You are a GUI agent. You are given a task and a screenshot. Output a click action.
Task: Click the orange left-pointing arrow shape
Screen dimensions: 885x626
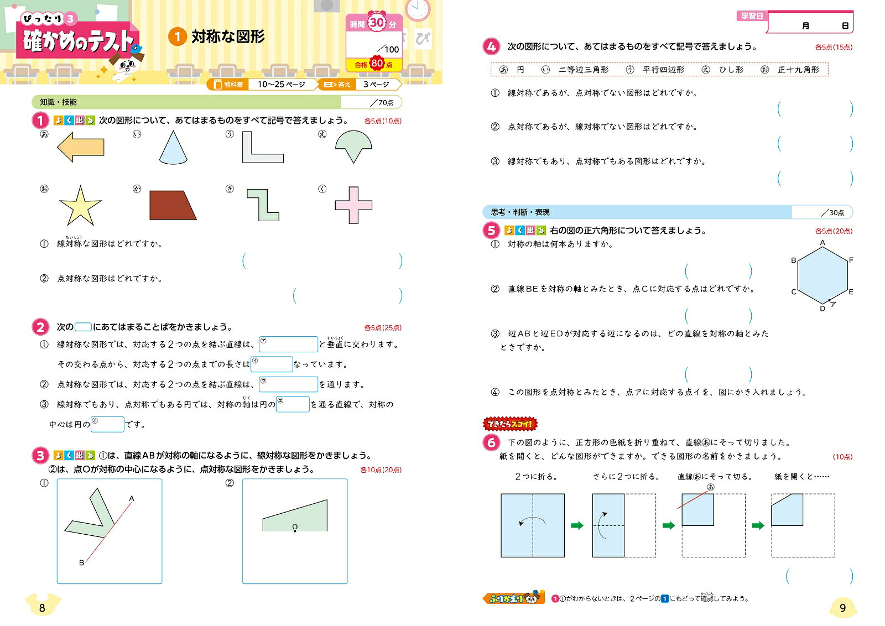click(x=81, y=147)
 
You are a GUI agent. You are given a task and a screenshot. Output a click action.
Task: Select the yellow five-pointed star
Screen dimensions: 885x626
click(x=80, y=206)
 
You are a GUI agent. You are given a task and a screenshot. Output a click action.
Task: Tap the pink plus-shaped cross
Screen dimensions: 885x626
click(x=353, y=205)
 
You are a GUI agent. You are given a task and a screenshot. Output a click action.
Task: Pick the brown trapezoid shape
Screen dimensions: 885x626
click(x=172, y=205)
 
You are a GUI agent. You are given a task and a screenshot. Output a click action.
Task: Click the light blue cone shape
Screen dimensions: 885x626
click(x=173, y=148)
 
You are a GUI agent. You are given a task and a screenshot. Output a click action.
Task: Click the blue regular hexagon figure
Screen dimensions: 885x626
click(x=822, y=275)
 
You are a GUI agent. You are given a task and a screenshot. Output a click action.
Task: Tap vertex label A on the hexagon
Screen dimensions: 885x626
click(x=822, y=243)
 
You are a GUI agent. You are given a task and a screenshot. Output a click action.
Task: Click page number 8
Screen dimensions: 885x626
click(x=42, y=608)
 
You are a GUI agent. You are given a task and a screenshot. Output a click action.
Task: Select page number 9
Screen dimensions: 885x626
click(x=842, y=608)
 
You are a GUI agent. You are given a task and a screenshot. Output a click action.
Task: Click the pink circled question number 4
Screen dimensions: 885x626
click(x=491, y=47)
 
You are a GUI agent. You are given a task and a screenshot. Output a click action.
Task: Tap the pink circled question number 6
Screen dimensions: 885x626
click(x=491, y=442)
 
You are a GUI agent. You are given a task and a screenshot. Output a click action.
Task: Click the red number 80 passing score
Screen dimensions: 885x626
click(x=377, y=63)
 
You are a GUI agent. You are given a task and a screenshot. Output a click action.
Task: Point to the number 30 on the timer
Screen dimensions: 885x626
click(x=377, y=23)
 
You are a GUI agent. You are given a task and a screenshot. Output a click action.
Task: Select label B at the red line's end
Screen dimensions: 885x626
click(x=81, y=562)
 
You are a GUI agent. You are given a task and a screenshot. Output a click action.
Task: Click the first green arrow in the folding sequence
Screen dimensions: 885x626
click(x=577, y=525)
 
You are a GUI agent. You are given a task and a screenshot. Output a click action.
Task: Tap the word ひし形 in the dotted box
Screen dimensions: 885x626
click(x=731, y=70)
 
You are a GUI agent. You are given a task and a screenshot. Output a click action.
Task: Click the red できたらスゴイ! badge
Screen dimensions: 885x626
click(x=510, y=424)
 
